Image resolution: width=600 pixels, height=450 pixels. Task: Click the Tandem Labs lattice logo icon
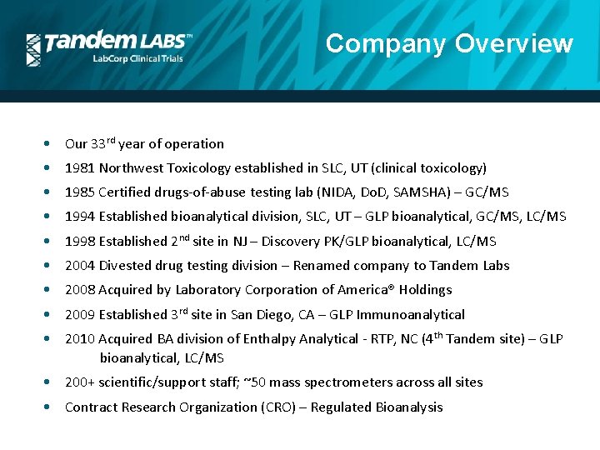33,49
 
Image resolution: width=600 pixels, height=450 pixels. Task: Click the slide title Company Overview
449,43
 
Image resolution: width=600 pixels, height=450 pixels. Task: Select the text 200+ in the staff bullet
80,382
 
